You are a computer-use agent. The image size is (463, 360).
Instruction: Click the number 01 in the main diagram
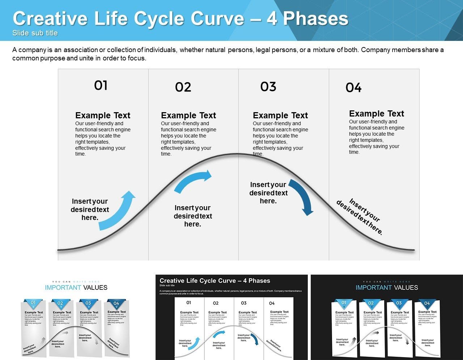pos(101,85)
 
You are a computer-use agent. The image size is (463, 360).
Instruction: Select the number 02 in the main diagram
pos(183,87)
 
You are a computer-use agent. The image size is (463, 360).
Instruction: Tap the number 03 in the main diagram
pos(268,87)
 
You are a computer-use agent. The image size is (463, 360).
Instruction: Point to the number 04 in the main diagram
pos(353,88)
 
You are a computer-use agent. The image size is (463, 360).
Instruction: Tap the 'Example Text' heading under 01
pos(103,115)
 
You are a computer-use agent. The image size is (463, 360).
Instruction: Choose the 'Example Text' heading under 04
pos(377,114)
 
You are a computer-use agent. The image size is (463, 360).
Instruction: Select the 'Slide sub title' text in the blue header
pos(35,33)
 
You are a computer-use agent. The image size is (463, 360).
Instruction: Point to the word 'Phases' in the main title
pos(315,19)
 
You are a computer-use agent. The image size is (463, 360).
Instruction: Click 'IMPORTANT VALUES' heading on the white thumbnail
pos(76,288)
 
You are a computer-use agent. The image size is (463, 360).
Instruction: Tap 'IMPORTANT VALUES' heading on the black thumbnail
pos(387,288)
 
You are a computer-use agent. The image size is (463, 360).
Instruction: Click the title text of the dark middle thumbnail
pos(215,281)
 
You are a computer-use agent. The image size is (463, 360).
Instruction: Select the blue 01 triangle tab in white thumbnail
pos(33,304)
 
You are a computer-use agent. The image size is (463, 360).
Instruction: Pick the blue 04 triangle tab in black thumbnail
pos(427,304)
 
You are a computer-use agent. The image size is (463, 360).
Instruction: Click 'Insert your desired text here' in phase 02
pos(193,216)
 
